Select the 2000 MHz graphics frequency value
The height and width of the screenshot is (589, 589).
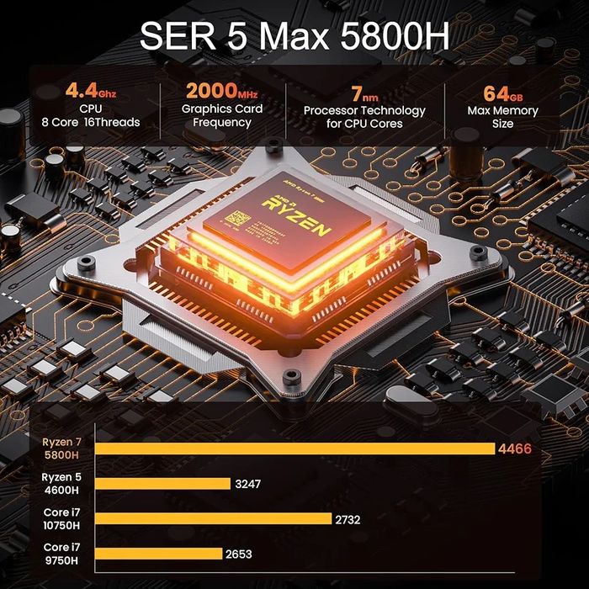point(221,91)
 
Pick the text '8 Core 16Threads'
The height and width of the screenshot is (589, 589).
point(91,123)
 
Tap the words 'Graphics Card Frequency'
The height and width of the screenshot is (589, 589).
point(222,116)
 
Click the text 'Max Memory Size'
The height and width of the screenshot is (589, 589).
point(503,117)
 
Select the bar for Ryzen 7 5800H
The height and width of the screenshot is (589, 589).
point(294,448)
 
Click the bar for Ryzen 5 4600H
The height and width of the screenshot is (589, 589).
point(163,484)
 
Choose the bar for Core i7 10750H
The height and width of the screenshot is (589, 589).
point(214,519)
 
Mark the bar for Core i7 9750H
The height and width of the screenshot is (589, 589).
point(159,554)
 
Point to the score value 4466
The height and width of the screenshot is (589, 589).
point(514,449)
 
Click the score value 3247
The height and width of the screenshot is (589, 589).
point(249,485)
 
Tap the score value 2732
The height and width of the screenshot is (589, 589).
point(348,520)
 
